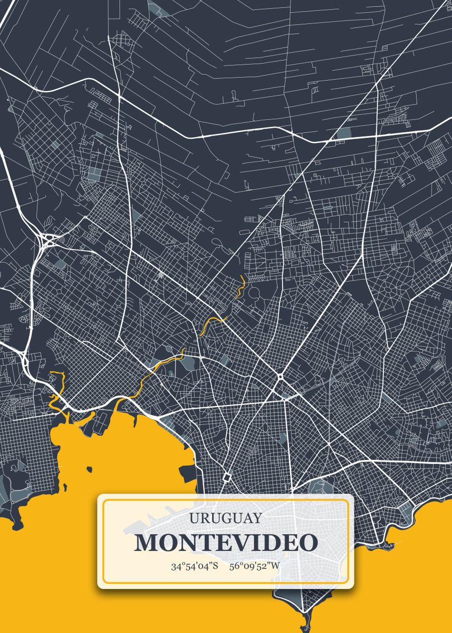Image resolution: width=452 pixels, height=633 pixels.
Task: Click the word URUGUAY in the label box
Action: (x=225, y=518)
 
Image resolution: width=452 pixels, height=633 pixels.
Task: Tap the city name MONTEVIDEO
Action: (x=226, y=543)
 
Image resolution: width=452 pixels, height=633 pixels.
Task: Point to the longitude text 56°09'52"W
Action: (x=255, y=567)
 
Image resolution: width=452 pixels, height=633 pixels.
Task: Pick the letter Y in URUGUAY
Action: (x=256, y=518)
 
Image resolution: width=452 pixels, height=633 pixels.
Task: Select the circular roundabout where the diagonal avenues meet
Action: (x=280, y=378)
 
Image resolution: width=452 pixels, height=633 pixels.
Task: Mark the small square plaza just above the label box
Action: (x=227, y=477)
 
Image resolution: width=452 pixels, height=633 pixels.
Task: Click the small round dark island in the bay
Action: (x=89, y=469)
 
